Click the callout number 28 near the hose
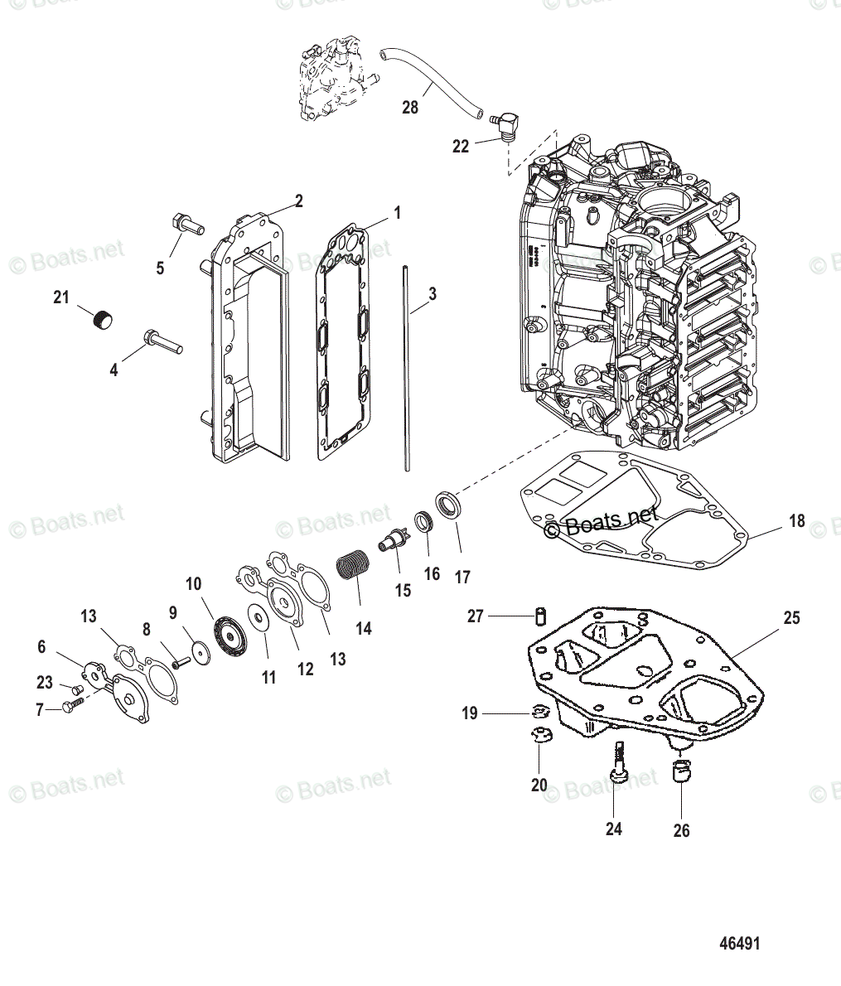click(x=410, y=107)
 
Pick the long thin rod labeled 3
click(x=407, y=368)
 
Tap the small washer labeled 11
click(x=259, y=618)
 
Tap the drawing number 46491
click(x=739, y=943)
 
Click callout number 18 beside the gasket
click(x=796, y=521)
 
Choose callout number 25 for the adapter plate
click(x=791, y=618)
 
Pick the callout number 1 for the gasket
click(x=397, y=213)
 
